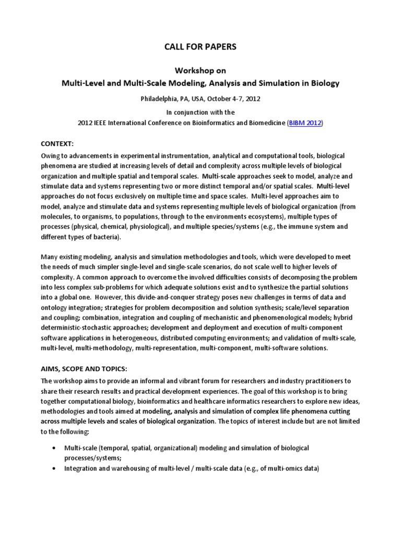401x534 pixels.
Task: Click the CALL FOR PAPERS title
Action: pyautogui.click(x=200, y=47)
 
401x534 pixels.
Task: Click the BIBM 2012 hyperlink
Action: pyautogui.click(x=305, y=123)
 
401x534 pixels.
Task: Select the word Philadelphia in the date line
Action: pyautogui.click(x=159, y=98)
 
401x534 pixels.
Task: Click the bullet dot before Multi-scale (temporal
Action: pyautogui.click(x=55, y=448)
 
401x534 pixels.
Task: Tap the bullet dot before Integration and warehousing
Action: pyautogui.click(x=55, y=468)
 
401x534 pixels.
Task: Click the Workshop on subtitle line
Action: pyautogui.click(x=200, y=70)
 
